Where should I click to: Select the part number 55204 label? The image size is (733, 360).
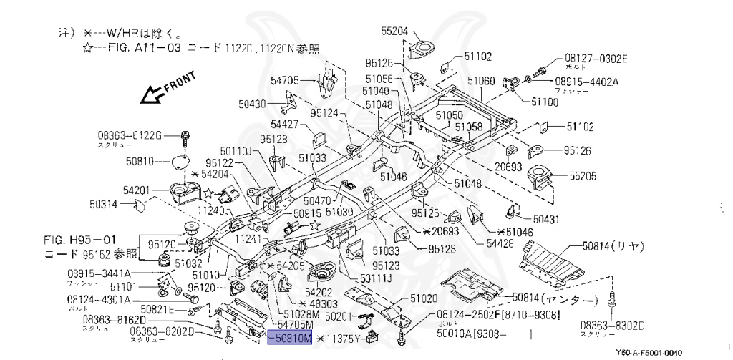394,31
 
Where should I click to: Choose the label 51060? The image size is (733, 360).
481,82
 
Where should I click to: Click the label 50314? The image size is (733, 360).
104,204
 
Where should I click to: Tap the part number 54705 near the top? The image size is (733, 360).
285,80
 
